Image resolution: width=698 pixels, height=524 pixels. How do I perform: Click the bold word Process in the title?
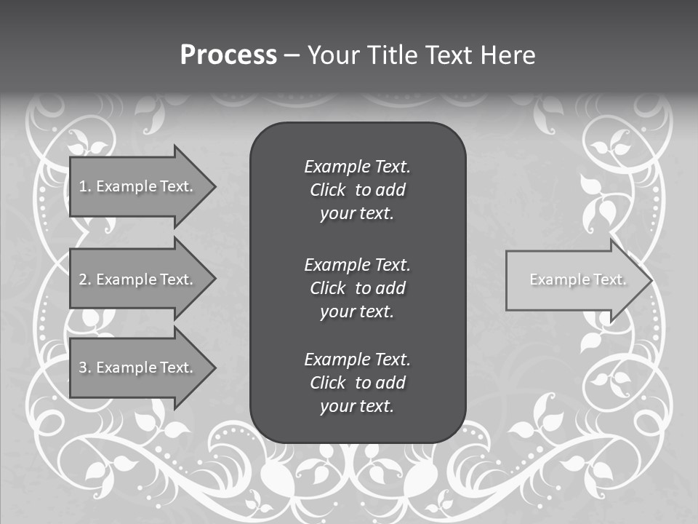(x=228, y=55)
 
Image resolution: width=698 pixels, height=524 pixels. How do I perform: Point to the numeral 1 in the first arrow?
(x=83, y=186)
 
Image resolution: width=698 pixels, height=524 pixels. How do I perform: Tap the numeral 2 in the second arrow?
(x=84, y=279)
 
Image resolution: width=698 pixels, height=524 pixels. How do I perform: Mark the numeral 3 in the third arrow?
(x=84, y=368)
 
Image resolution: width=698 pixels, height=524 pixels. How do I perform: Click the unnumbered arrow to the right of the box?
(x=574, y=280)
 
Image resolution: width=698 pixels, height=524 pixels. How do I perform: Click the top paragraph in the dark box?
(x=357, y=190)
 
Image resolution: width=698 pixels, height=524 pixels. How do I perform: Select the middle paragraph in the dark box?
(x=357, y=288)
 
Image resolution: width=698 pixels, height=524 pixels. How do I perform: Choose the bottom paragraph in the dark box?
(x=357, y=383)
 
